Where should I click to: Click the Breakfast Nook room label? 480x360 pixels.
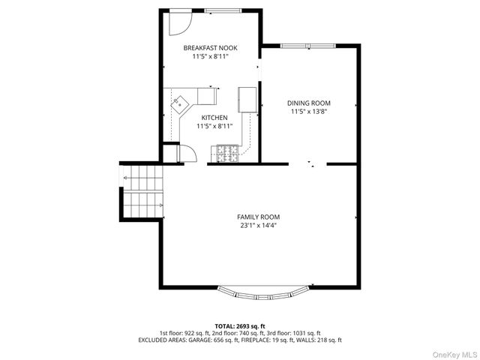211,47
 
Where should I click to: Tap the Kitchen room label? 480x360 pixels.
214,118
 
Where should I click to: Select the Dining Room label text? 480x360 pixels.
310,103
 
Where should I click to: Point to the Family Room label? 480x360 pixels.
259,216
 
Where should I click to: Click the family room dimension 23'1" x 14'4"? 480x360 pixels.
259,225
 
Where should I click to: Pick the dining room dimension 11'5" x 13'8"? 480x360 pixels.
310,112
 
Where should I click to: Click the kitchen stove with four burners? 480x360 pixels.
227,154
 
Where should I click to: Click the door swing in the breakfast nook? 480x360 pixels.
178,22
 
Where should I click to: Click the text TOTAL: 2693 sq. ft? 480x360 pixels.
239,325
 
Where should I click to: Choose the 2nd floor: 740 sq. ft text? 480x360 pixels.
239,333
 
